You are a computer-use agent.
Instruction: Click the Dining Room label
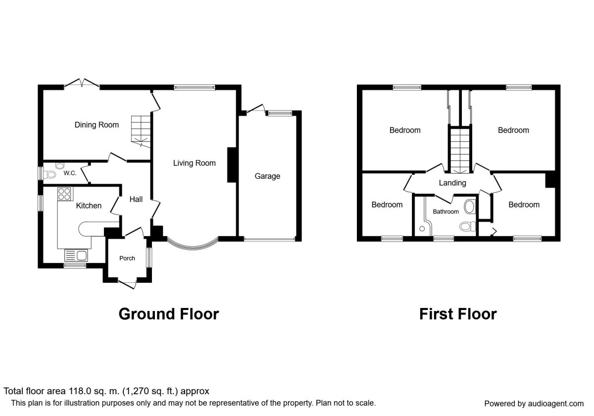(97, 125)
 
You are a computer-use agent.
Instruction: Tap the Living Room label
(194, 163)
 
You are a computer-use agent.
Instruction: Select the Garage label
(267, 176)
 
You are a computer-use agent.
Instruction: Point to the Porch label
(127, 258)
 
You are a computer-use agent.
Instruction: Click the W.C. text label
(70, 173)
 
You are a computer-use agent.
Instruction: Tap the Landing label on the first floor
(452, 183)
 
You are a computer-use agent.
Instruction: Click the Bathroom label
(446, 212)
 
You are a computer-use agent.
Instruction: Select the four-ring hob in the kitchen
(65, 194)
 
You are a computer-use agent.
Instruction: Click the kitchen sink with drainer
(76, 256)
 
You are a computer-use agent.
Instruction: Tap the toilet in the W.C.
(49, 175)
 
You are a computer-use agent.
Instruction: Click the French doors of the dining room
(82, 83)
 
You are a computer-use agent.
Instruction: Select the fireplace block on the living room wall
(232, 165)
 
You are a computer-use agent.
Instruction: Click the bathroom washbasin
(470, 207)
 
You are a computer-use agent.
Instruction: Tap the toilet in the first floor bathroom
(468, 227)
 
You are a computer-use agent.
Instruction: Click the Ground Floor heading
(169, 314)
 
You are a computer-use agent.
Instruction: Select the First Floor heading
(458, 314)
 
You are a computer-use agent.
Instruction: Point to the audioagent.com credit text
(534, 404)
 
